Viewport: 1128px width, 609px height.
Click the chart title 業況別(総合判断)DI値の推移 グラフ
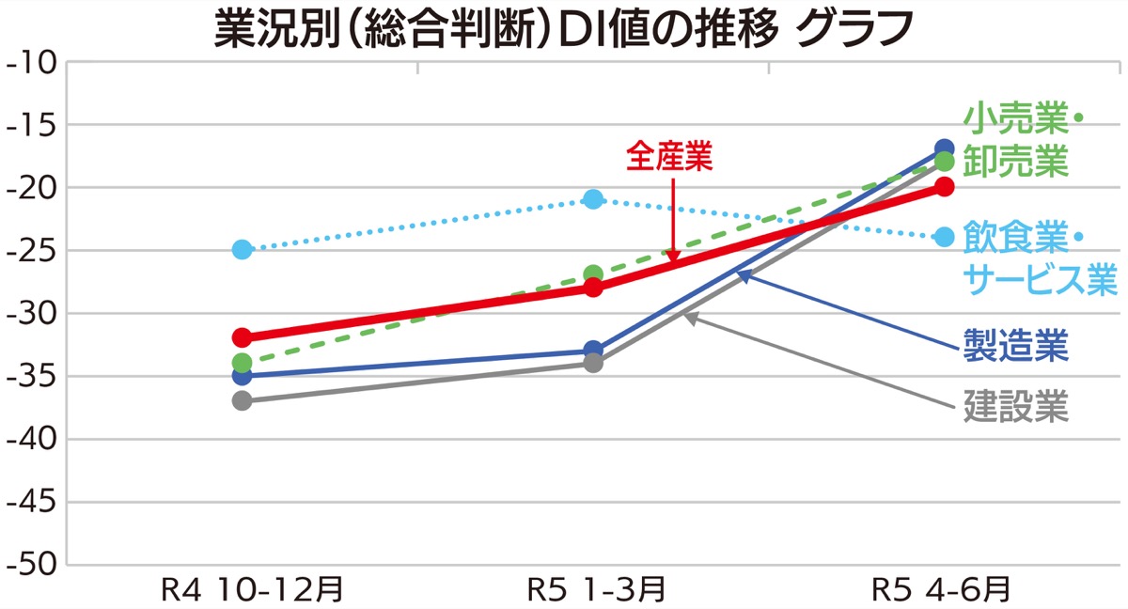pyautogui.click(x=564, y=28)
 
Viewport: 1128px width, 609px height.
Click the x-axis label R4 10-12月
pyautogui.click(x=251, y=590)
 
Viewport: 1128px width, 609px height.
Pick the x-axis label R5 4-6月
pyautogui.click(x=941, y=590)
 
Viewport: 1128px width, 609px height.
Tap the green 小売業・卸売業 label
pyautogui.click(x=1021, y=141)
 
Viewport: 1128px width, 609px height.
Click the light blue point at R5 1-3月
pyautogui.click(x=593, y=199)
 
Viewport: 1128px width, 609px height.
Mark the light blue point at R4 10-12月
pyautogui.click(x=243, y=250)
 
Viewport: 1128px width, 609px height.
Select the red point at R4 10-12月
pyautogui.click(x=243, y=337)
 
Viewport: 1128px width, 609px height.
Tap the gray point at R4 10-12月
pyautogui.click(x=243, y=400)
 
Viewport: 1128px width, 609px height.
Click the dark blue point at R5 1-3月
pyautogui.click(x=593, y=351)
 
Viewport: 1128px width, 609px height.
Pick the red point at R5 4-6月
pyautogui.click(x=944, y=187)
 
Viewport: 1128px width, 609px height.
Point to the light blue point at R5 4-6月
pyautogui.click(x=944, y=237)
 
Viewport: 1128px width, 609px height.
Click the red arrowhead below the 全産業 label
pyautogui.click(x=673, y=256)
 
